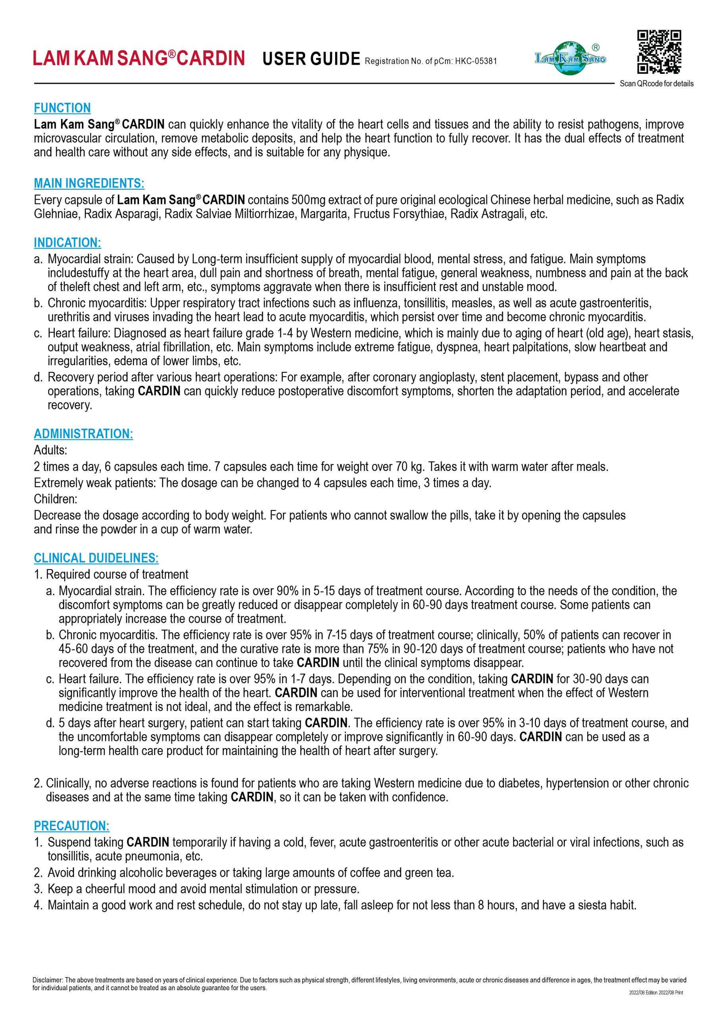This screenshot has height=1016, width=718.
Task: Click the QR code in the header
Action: click(x=659, y=51)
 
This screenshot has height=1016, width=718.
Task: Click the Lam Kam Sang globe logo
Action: click(x=570, y=58)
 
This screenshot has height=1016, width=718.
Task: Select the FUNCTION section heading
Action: click(x=62, y=108)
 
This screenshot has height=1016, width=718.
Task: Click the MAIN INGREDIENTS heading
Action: click(x=89, y=183)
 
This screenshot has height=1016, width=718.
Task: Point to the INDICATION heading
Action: click(x=67, y=242)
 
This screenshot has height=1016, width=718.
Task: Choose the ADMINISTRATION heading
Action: click(x=83, y=434)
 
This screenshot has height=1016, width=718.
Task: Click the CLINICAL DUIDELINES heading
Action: click(x=96, y=558)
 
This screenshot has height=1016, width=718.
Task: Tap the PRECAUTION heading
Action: click(x=72, y=826)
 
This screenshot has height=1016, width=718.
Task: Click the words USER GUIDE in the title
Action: click(x=311, y=58)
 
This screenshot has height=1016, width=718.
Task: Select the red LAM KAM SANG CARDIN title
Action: click(x=139, y=58)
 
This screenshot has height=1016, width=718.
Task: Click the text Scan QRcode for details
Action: click(x=657, y=84)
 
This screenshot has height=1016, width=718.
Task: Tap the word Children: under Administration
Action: click(x=55, y=499)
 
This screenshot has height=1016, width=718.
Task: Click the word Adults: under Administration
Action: click(x=50, y=450)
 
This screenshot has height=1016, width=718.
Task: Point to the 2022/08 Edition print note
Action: click(x=656, y=993)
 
